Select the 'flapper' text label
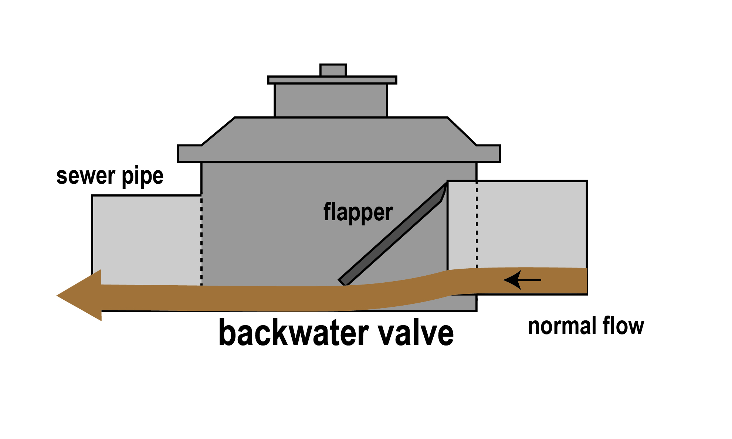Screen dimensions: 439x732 358,212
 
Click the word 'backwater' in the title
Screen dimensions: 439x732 294,333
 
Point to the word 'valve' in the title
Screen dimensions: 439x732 416,333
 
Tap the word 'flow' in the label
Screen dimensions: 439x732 624,326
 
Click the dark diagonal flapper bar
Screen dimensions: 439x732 392,236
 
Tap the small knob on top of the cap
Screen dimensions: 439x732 333,70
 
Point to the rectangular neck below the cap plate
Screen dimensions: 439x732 331,101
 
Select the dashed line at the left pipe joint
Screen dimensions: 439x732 201,240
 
